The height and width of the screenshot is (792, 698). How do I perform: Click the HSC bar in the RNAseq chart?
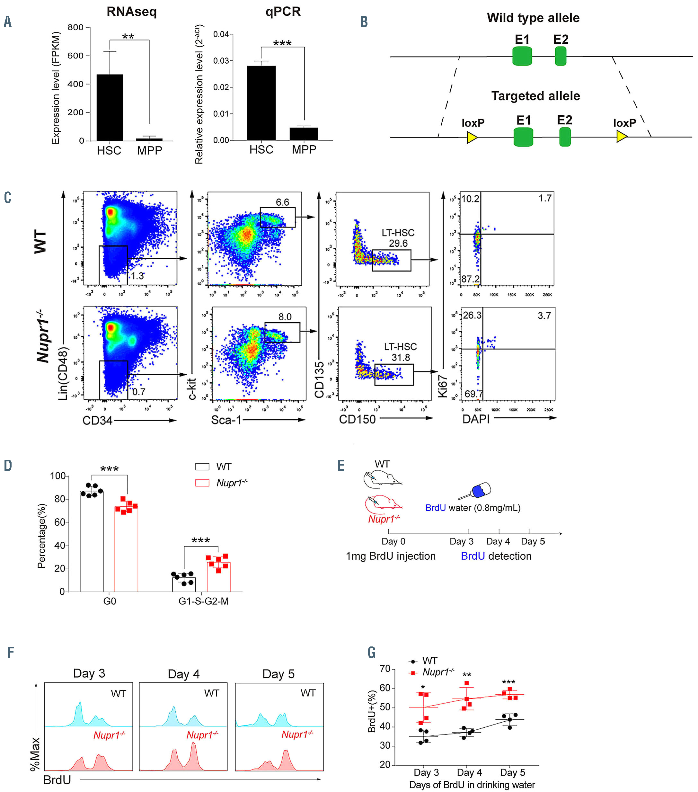point(110,107)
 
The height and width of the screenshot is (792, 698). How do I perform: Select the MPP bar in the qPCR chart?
point(304,134)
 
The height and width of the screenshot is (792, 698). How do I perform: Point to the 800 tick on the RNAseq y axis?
point(75,28)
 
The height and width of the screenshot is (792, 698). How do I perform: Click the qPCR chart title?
point(283,12)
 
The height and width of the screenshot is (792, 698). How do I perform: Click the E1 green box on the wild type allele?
point(522,56)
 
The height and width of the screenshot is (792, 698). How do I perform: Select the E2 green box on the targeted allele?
point(565,137)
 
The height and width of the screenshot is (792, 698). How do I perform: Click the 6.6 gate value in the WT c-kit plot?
point(282,202)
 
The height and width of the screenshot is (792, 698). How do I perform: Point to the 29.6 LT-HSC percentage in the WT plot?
point(398,243)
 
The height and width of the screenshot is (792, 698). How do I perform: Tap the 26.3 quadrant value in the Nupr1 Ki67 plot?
point(472,316)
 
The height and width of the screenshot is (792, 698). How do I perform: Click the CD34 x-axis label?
point(97,420)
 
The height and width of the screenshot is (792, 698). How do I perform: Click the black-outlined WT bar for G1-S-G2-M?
point(184,585)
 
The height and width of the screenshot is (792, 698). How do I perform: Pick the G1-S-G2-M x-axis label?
point(203,601)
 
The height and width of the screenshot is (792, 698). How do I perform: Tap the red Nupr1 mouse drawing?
point(382,503)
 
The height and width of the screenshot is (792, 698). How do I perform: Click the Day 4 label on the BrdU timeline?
point(498,542)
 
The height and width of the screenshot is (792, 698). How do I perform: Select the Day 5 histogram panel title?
point(278,674)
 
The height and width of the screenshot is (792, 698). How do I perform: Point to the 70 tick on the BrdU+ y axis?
point(385,669)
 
